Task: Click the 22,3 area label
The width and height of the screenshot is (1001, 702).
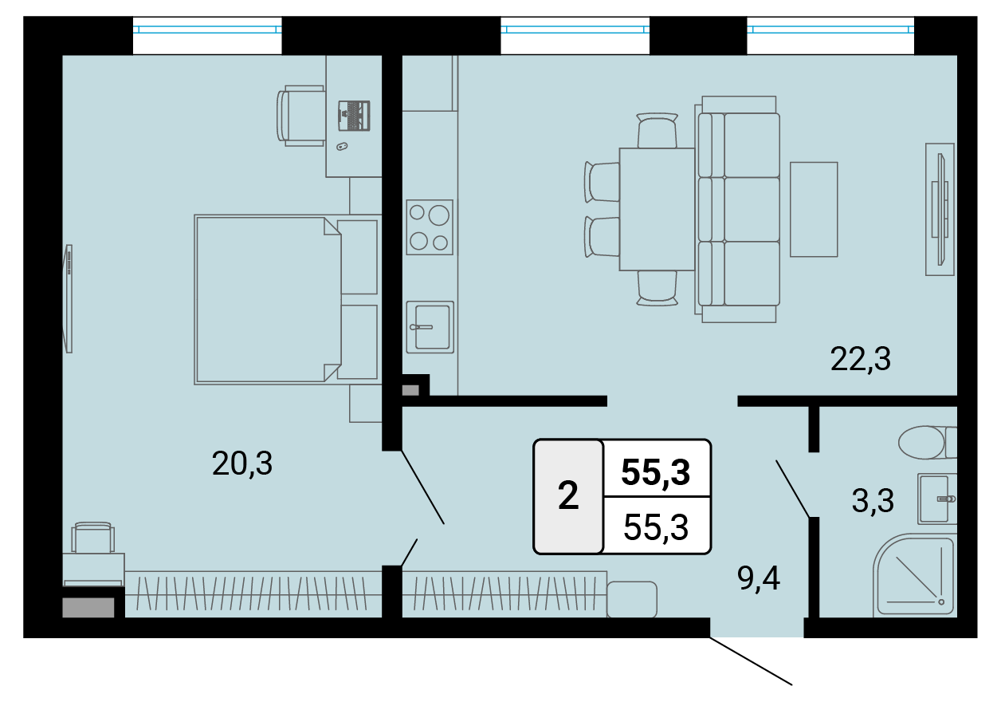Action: tap(860, 360)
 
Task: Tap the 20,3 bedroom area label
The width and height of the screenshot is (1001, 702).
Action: tap(241, 463)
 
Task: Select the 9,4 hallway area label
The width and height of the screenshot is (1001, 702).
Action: tap(759, 579)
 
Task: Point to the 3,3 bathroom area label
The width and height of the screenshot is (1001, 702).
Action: tap(873, 501)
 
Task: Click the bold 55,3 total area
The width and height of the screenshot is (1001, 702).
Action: tap(656, 472)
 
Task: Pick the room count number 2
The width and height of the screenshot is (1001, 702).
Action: tap(568, 495)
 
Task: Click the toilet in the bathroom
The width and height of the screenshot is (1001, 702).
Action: tap(927, 442)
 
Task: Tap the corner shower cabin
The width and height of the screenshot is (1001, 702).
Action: tap(914, 575)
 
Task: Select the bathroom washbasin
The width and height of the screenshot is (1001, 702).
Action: tap(937, 499)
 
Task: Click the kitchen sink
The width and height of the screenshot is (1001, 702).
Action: tap(430, 327)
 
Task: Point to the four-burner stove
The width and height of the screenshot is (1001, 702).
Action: tap(430, 227)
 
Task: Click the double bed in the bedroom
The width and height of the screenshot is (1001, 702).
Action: tap(286, 300)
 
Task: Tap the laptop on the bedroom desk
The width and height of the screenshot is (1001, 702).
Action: tap(354, 116)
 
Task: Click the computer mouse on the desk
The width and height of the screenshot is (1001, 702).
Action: tap(342, 146)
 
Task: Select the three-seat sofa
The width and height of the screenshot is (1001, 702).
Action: tap(737, 209)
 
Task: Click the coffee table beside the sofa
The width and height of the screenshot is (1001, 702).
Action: tap(814, 209)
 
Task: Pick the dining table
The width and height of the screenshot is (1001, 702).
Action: tap(657, 209)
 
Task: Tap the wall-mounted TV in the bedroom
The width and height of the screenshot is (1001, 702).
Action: tap(68, 298)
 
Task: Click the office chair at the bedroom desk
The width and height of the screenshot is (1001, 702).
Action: tap(300, 116)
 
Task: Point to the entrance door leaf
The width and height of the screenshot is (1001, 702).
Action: tap(751, 661)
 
